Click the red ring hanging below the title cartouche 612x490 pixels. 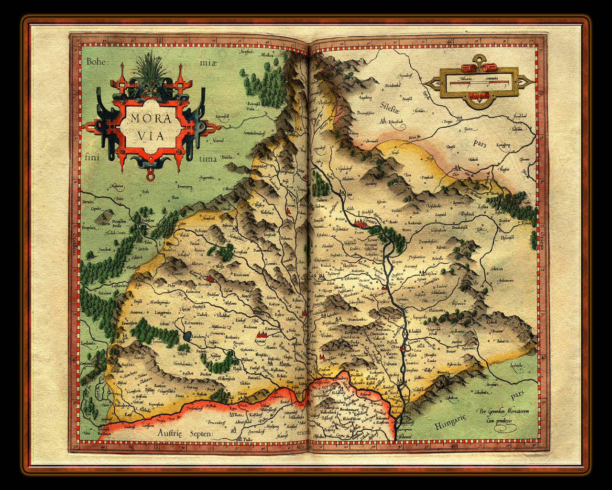tap(152, 178)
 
